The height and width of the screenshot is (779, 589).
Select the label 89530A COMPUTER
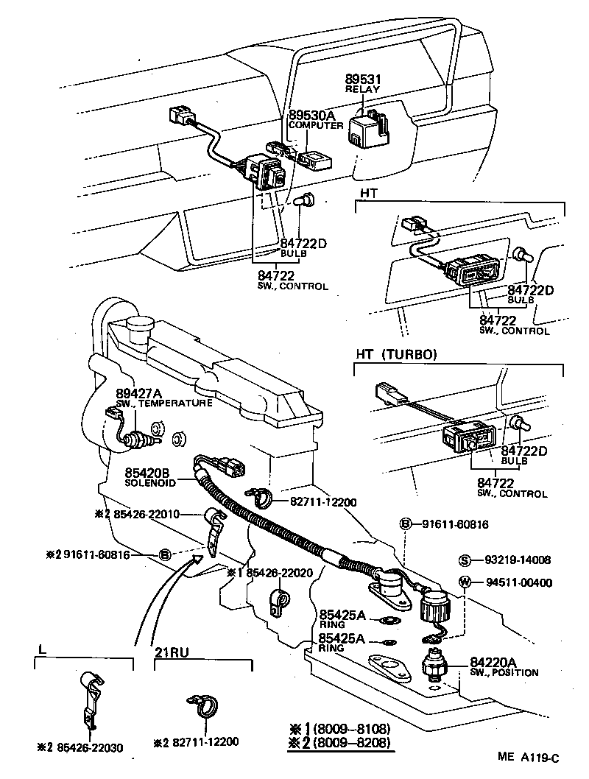(x=314, y=119)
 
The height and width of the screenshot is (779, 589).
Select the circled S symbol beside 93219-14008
(x=465, y=560)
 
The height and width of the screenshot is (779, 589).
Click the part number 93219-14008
(x=518, y=560)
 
